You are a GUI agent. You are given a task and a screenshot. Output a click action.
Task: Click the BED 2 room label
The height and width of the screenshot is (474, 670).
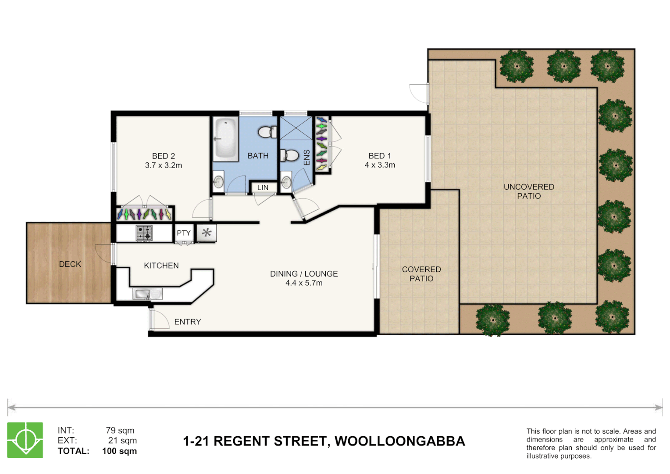tap(163, 156)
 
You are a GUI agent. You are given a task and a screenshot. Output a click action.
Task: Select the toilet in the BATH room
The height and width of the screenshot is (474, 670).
tap(267, 132)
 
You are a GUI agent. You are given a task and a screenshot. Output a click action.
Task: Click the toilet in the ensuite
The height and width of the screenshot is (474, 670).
tap(289, 155)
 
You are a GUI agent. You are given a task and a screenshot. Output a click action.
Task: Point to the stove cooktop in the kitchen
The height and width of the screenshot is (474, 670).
tap(144, 233)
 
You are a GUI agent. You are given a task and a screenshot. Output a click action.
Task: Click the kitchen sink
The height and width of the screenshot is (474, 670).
tap(147, 294)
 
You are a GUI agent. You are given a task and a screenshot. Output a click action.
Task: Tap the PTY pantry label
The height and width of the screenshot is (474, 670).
tap(184, 233)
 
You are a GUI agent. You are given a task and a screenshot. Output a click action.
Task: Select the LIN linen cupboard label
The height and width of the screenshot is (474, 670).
tap(263, 187)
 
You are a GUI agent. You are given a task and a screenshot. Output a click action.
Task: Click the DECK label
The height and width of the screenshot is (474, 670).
tap(70, 264)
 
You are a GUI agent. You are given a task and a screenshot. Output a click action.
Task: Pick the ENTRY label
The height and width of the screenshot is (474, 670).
tap(188, 322)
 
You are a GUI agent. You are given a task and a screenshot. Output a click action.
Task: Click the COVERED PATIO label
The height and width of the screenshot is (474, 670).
tap(421, 274)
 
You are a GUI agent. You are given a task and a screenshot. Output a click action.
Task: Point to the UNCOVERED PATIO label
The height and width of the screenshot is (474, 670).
tap(529, 191)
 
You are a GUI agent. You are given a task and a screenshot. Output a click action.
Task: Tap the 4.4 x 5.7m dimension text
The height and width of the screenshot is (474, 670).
tap(304, 283)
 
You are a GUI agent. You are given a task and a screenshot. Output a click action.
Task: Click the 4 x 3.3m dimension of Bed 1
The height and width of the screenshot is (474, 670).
tap(380, 165)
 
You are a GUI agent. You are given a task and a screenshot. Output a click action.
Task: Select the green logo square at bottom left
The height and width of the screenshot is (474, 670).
tap(25, 440)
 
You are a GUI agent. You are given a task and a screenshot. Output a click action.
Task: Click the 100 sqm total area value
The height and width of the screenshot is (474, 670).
tap(119, 451)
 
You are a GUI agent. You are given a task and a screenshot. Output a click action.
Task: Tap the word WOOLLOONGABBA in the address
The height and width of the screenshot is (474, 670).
tap(399, 441)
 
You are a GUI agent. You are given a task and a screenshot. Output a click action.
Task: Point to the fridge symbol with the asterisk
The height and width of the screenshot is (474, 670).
tap(207, 233)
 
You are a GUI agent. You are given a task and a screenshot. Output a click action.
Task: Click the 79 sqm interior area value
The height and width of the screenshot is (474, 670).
tap(120, 431)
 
